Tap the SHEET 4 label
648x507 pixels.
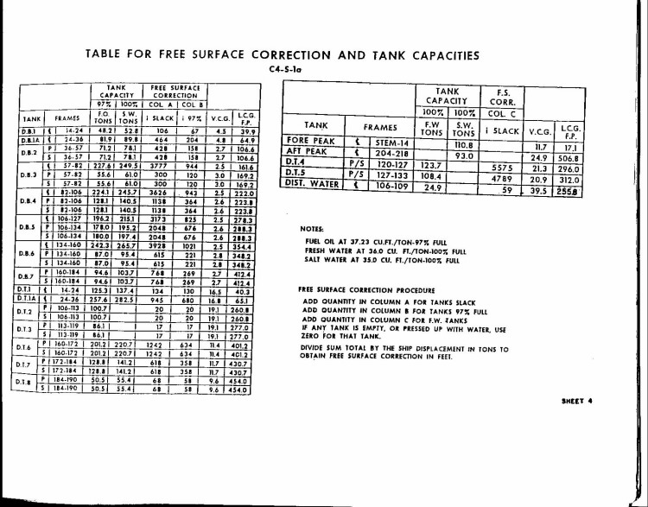coord(577,402)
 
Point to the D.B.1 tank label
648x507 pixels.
coord(30,129)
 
